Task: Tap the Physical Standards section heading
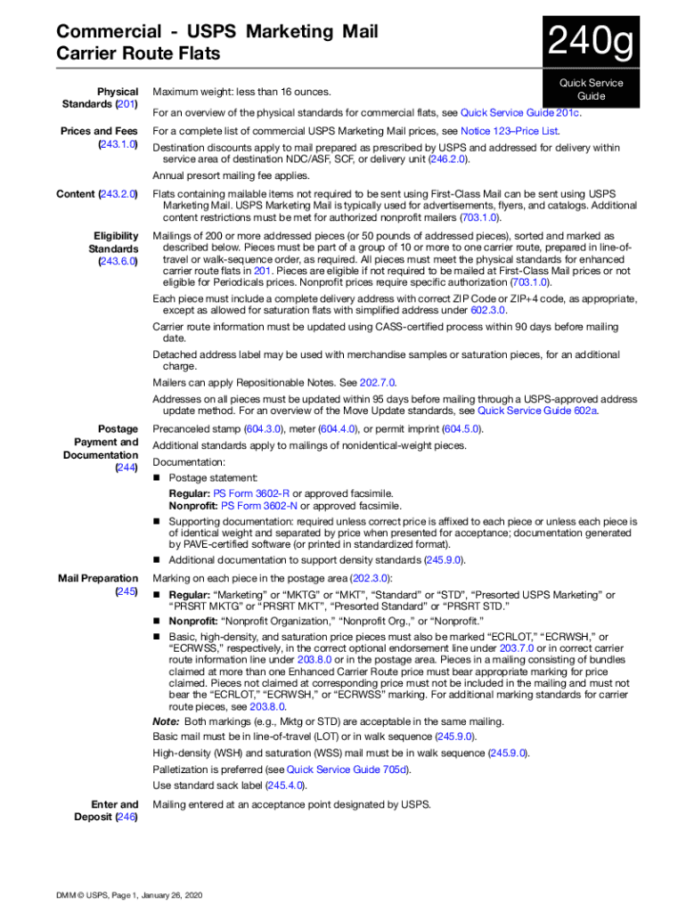coord(113,98)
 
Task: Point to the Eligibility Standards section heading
coord(113,248)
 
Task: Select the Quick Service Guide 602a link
coord(538,411)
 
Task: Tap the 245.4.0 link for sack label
coord(286,785)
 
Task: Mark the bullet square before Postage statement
coord(157,479)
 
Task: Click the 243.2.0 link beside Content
coord(118,193)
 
